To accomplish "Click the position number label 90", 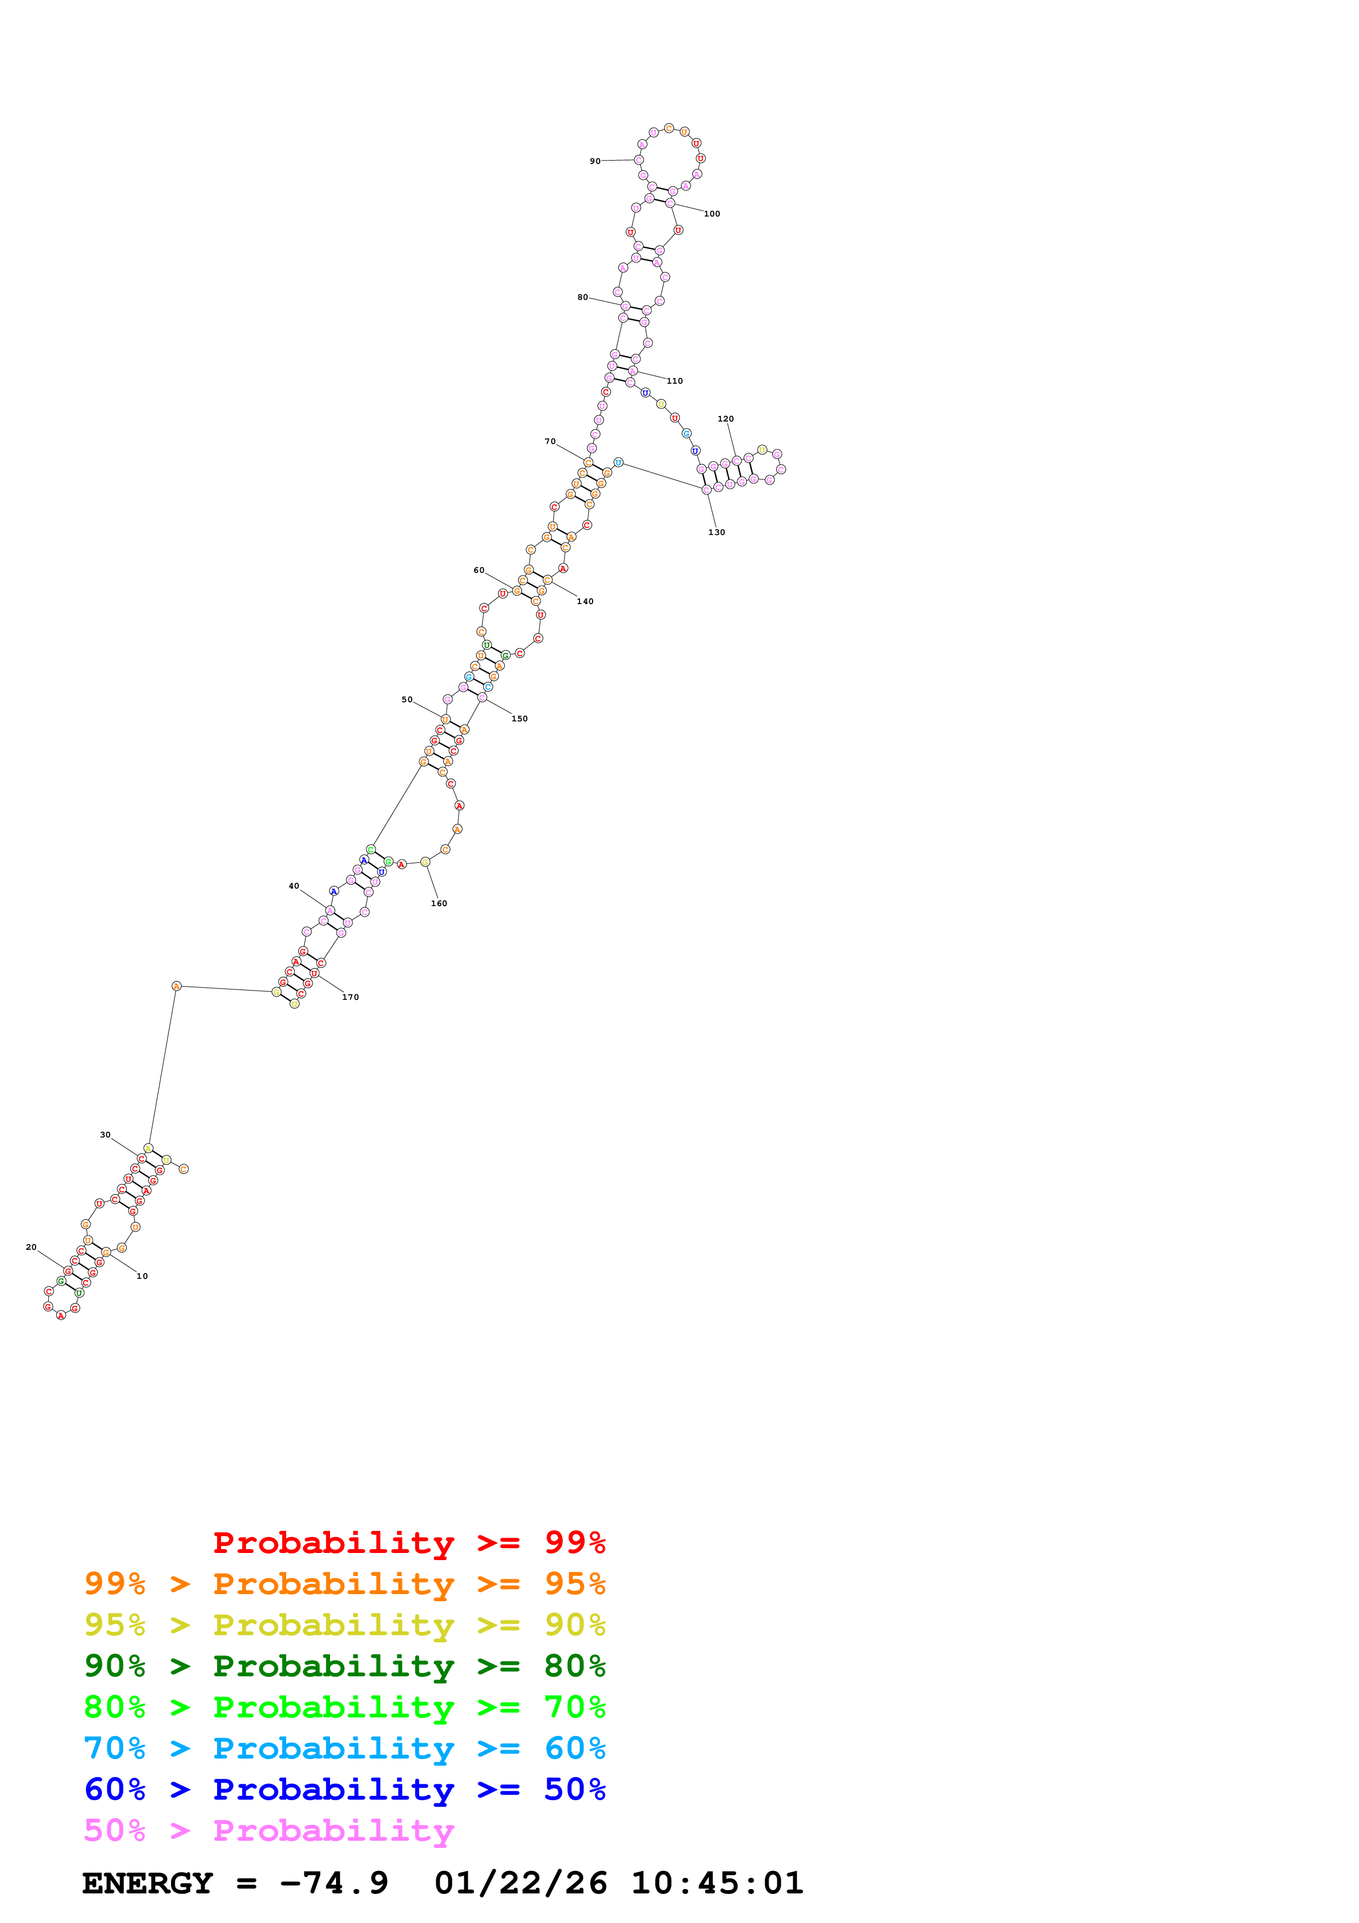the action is (594, 161).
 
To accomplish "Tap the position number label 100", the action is (712, 214).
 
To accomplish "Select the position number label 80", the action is (582, 297).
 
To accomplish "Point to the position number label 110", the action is (674, 381).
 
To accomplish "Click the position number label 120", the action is (725, 419).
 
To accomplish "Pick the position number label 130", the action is (717, 532).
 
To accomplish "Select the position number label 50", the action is (406, 699).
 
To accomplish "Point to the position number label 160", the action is (439, 904).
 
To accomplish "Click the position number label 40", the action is (293, 886).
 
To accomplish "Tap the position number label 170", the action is (350, 997).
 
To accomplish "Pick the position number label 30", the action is (105, 1135).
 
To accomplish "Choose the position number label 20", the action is (31, 1247).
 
